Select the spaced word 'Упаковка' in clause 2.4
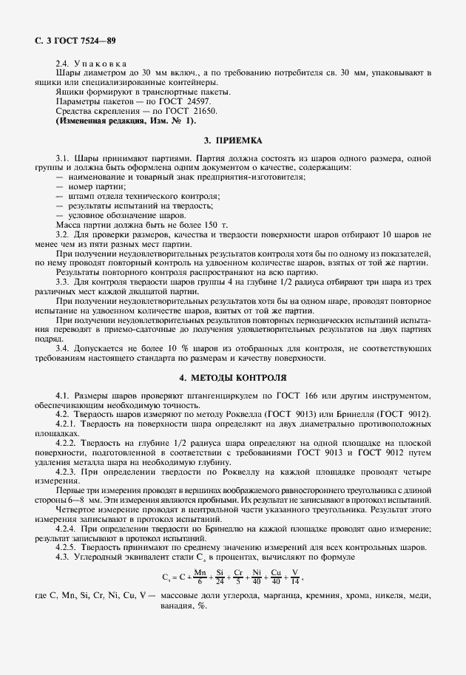(x=101, y=64)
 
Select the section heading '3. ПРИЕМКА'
(x=233, y=140)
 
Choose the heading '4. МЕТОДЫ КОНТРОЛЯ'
(x=233, y=377)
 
